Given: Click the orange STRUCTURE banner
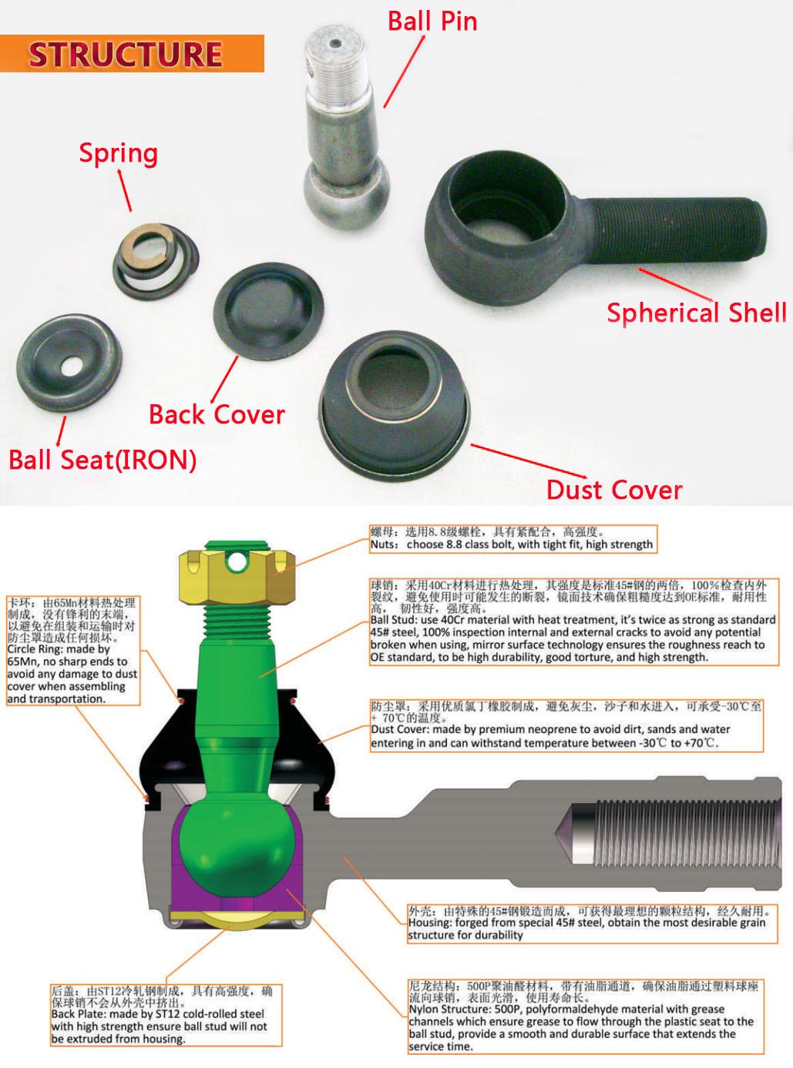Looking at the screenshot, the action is pos(132,53).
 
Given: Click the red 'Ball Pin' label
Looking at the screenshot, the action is pos(432,22).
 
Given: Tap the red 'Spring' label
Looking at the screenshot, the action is pos(119,153).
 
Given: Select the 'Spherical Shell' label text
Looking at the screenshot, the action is pos(697,312).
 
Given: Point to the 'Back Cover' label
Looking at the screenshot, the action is pos(217,414).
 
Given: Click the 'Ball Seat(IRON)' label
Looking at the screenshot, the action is pos(102,460).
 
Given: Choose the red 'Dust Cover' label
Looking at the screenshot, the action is pos(614,490).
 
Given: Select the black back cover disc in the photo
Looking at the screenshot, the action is pos(268,310).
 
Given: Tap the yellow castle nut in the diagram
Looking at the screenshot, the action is pos(237,577).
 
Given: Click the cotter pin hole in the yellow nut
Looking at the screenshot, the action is pos(237,561).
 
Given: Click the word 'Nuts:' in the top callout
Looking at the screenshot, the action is pos(385,544).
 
